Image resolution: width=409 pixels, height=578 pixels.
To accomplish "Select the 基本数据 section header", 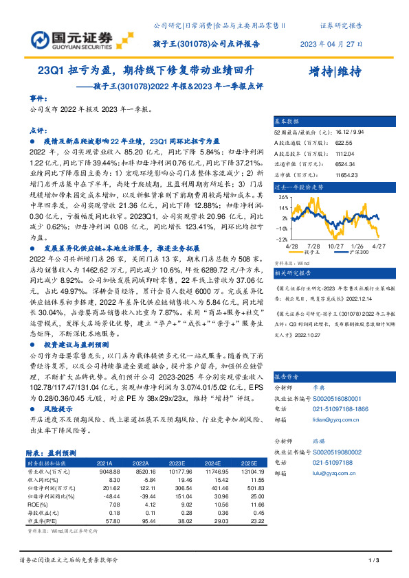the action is (x=288, y=120).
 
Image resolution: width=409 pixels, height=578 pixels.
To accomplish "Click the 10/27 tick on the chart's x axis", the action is (x=335, y=246).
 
